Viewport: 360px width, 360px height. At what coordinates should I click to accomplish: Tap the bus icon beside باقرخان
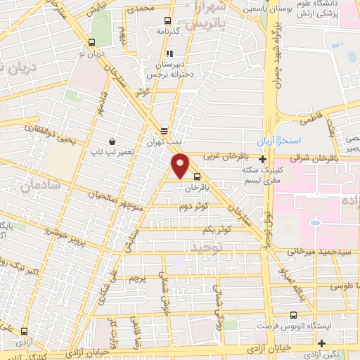click(x=198, y=176)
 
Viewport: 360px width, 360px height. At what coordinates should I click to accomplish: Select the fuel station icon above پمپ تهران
click(x=164, y=131)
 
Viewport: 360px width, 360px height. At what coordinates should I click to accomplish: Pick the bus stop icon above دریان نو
click(x=92, y=42)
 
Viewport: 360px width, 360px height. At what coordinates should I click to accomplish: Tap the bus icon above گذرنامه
click(x=167, y=21)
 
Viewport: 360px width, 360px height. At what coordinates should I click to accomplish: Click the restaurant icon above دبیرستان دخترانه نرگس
click(x=169, y=53)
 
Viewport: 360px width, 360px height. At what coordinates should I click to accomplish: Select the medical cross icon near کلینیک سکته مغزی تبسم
click(x=262, y=160)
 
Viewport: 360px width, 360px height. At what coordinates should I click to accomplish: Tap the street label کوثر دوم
click(x=193, y=207)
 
